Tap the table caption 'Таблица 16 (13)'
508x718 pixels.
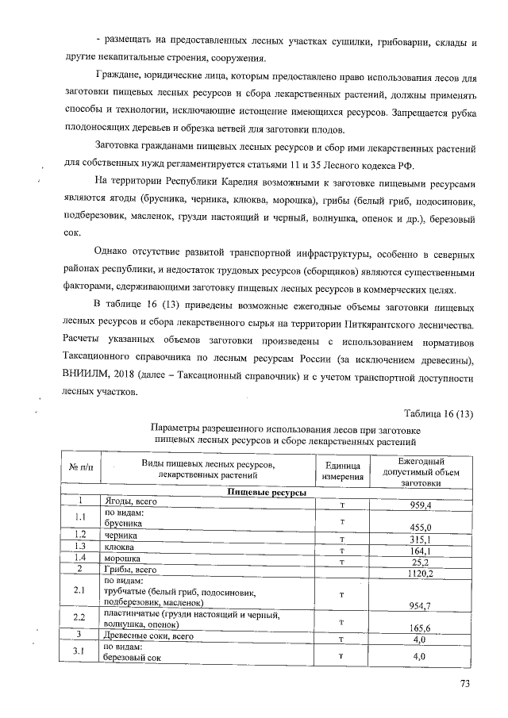438,413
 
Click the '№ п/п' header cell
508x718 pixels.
80,471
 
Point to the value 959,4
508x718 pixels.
419,505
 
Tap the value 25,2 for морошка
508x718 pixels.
419,561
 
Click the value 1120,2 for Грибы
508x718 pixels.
419,571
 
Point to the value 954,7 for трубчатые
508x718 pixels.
419,605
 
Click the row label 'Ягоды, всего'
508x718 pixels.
132,502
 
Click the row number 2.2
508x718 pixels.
79,617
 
